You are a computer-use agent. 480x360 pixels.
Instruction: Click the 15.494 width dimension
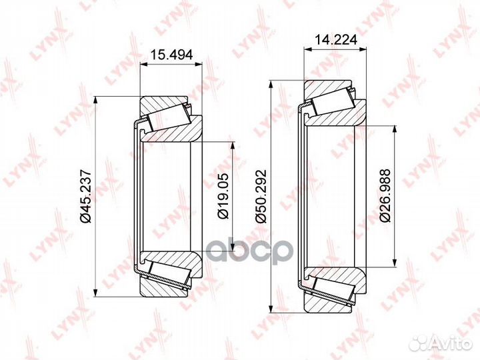click(x=170, y=56)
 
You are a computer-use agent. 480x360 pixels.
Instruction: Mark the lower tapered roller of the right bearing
click(x=331, y=287)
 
